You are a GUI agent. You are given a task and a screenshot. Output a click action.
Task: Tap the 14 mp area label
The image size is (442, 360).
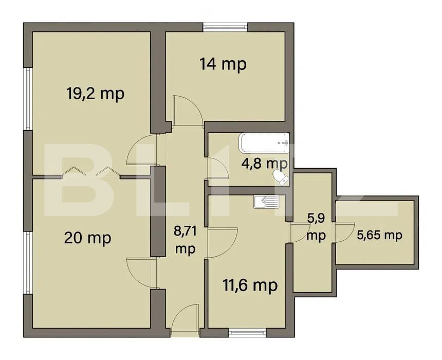(223, 64)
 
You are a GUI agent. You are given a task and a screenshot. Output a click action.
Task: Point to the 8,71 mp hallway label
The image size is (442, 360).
(185, 241)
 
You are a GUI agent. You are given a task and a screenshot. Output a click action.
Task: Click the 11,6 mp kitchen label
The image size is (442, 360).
(250, 284)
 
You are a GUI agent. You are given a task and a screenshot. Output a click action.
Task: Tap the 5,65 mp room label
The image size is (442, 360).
(379, 235)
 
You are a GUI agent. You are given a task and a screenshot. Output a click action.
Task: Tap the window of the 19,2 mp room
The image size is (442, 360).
(28, 98)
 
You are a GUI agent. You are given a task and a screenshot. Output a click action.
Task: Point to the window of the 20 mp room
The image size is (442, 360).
(28, 262)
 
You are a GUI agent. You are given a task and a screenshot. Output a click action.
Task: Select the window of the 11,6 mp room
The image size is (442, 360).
(245, 331)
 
